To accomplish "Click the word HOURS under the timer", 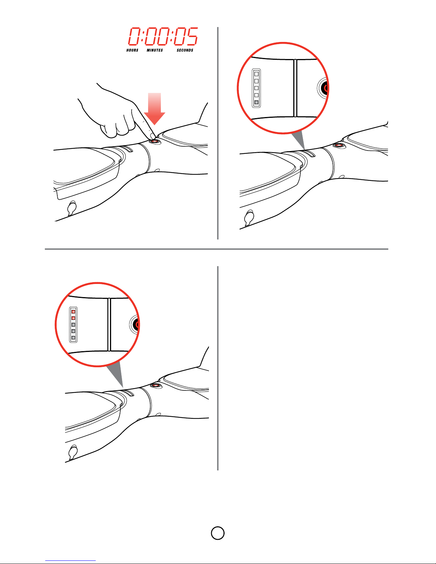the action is click(x=132, y=50).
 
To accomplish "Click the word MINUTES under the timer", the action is click(x=155, y=50).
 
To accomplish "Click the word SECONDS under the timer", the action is click(x=185, y=50).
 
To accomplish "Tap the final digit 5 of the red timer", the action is click(x=192, y=36).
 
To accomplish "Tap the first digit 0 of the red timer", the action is click(x=135, y=36).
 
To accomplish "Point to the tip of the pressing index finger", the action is click(x=153, y=136).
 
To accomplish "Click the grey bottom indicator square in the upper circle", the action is click(x=256, y=102).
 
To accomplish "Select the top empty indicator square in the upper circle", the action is click(x=256, y=74).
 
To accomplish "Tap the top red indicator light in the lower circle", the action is click(x=73, y=311).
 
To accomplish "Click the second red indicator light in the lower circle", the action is click(x=73, y=318).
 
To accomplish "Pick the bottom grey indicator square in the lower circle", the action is click(x=73, y=338).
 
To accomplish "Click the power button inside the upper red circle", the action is click(x=324, y=88).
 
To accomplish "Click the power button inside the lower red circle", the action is click(x=135, y=325).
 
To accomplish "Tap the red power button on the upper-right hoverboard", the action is click(x=339, y=145).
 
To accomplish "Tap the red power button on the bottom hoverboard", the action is click(x=156, y=385).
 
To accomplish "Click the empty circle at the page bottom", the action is click(x=218, y=533).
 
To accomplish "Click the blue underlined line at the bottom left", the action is click(x=70, y=560).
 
